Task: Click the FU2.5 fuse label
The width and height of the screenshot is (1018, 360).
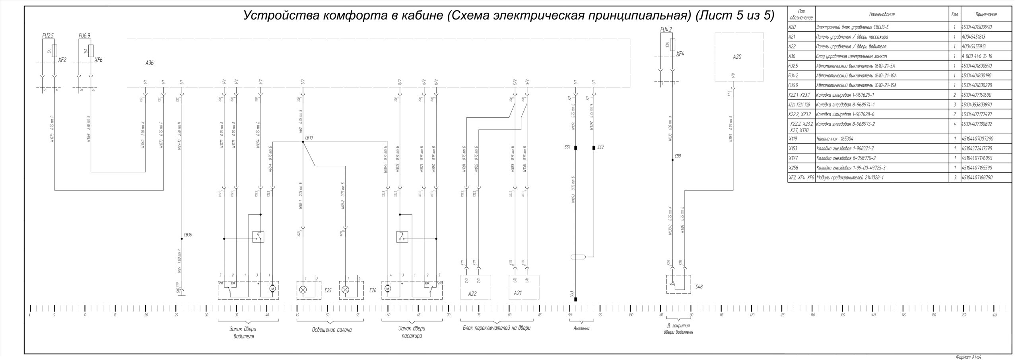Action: (x=48, y=35)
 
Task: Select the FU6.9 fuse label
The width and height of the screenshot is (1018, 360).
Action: (x=84, y=35)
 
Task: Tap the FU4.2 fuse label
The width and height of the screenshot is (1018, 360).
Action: (x=666, y=30)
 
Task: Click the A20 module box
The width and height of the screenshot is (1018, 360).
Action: (x=739, y=57)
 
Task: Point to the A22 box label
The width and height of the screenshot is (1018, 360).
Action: (x=472, y=294)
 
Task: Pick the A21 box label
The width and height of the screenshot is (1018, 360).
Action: (x=518, y=293)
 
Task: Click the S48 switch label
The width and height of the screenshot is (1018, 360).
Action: (x=699, y=286)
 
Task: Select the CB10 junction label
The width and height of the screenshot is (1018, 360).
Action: (x=309, y=138)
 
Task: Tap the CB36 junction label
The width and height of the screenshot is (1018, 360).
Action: (x=188, y=235)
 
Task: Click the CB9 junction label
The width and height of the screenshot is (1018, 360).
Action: (x=678, y=156)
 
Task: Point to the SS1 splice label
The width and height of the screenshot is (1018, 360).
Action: (x=567, y=147)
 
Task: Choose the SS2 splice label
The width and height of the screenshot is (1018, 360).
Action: (x=600, y=147)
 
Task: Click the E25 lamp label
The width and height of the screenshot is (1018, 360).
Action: (x=328, y=290)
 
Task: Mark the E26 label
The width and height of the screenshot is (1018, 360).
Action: (x=373, y=290)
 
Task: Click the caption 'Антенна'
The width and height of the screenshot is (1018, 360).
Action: (x=581, y=328)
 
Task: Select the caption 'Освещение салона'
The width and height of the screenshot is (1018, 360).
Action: (x=332, y=330)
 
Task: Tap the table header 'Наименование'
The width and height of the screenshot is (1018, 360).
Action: (x=882, y=15)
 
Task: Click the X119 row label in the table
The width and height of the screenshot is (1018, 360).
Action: (x=793, y=139)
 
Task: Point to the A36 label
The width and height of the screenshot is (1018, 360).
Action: (x=150, y=63)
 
